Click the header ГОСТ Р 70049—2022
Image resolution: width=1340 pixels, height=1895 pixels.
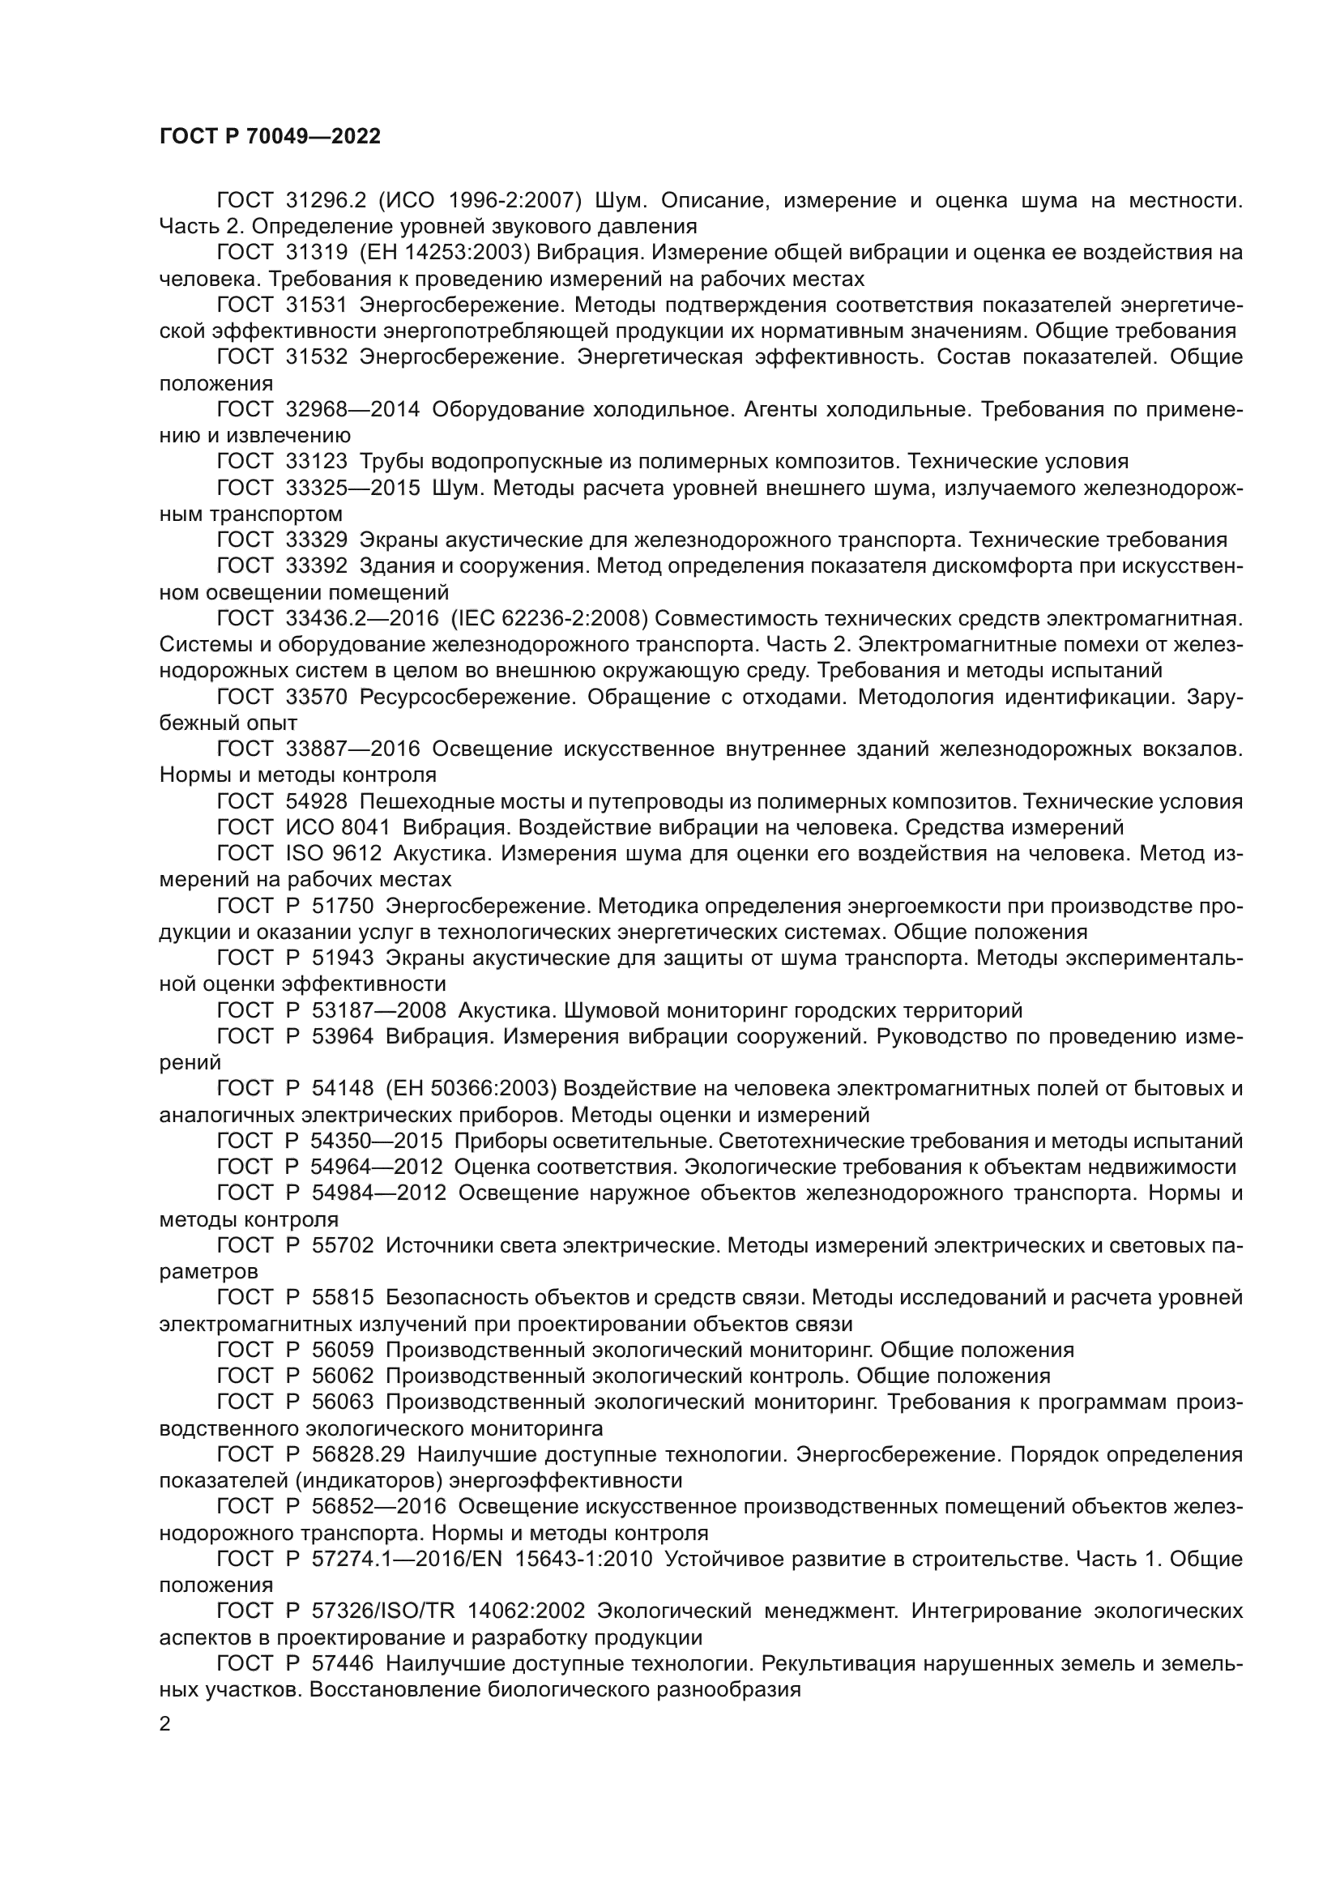tap(270, 137)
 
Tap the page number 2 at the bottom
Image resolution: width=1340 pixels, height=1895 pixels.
tap(165, 1724)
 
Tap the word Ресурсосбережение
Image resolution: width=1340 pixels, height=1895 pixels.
tap(467, 698)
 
